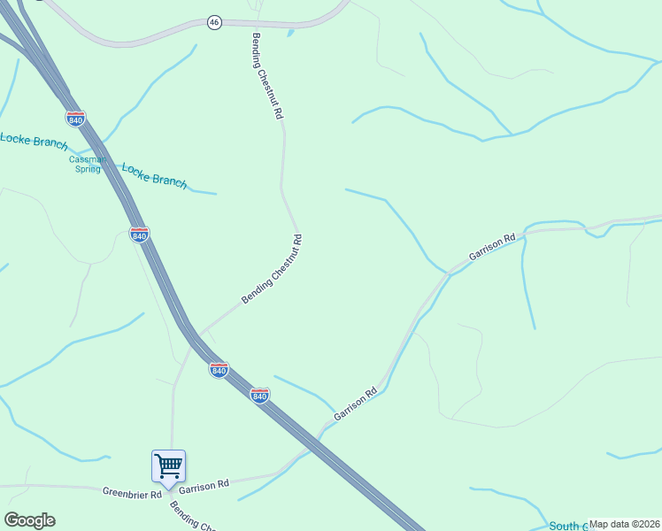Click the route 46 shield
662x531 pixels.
click(214, 22)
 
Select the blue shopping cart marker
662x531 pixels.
click(168, 466)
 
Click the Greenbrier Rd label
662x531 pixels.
click(132, 493)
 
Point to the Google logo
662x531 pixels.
click(29, 520)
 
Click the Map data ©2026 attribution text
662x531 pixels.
click(624, 524)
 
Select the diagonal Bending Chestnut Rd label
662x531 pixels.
click(273, 270)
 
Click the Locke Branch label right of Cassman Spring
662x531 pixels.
click(154, 174)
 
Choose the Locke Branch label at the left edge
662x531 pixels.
click(33, 141)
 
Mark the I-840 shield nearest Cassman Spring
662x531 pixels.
click(76, 119)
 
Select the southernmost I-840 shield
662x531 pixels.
click(259, 396)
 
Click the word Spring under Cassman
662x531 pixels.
click(88, 170)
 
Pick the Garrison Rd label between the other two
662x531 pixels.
click(356, 404)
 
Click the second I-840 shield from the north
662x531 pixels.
click(139, 235)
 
